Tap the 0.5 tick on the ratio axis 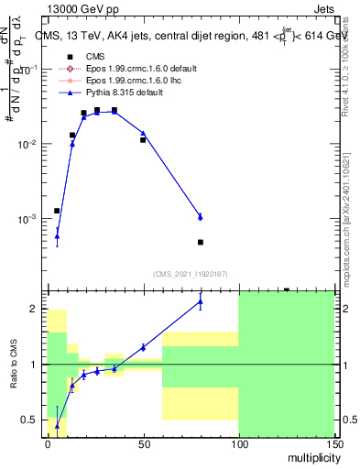point(30,420)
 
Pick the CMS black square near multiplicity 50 point(143,140)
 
